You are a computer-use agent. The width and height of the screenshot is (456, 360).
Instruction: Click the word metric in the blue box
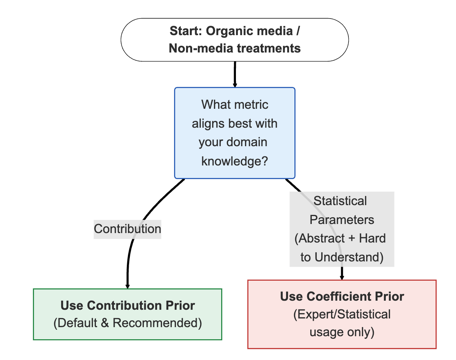point(251,104)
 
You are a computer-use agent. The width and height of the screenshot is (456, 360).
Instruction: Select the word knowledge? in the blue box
point(234,161)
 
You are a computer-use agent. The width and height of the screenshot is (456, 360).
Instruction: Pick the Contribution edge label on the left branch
point(128,229)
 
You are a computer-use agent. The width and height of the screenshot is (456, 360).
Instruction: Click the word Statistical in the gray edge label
point(340,201)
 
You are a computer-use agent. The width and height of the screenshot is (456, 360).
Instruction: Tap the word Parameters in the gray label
point(342,220)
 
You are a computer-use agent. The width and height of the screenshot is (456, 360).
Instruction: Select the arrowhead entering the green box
point(128,286)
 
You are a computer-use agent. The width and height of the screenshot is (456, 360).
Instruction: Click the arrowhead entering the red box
point(342,277)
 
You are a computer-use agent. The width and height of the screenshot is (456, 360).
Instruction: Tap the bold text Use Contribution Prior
point(128,305)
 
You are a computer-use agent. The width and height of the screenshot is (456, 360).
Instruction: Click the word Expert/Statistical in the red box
point(342,314)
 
